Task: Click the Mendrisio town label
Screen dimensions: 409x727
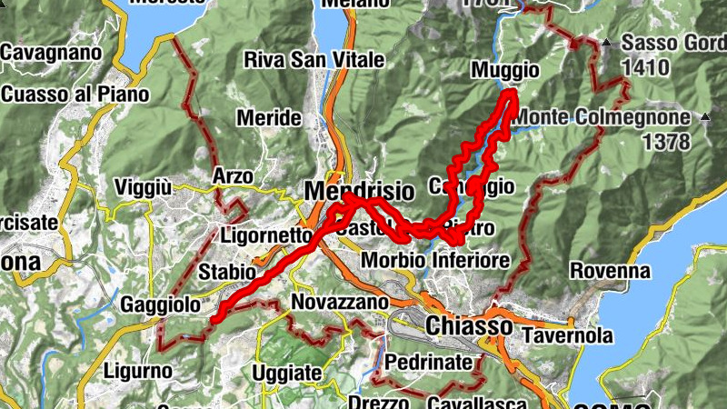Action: click(x=359, y=192)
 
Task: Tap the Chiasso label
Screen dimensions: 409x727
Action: click(x=468, y=325)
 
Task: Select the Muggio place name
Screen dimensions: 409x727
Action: click(x=505, y=70)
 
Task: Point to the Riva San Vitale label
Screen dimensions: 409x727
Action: click(x=304, y=60)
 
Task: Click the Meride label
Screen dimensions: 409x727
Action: click(x=268, y=118)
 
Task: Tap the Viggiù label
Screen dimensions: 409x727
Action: click(x=144, y=187)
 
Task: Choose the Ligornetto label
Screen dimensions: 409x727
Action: click(x=266, y=235)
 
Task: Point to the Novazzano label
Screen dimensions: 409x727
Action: click(x=341, y=301)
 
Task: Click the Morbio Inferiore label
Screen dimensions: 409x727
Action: click(x=435, y=261)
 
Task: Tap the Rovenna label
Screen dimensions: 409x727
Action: click(x=610, y=271)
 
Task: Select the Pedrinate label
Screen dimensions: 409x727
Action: click(x=429, y=362)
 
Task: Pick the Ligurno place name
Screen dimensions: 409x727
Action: click(x=137, y=371)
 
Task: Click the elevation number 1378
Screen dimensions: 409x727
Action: click(x=665, y=142)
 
